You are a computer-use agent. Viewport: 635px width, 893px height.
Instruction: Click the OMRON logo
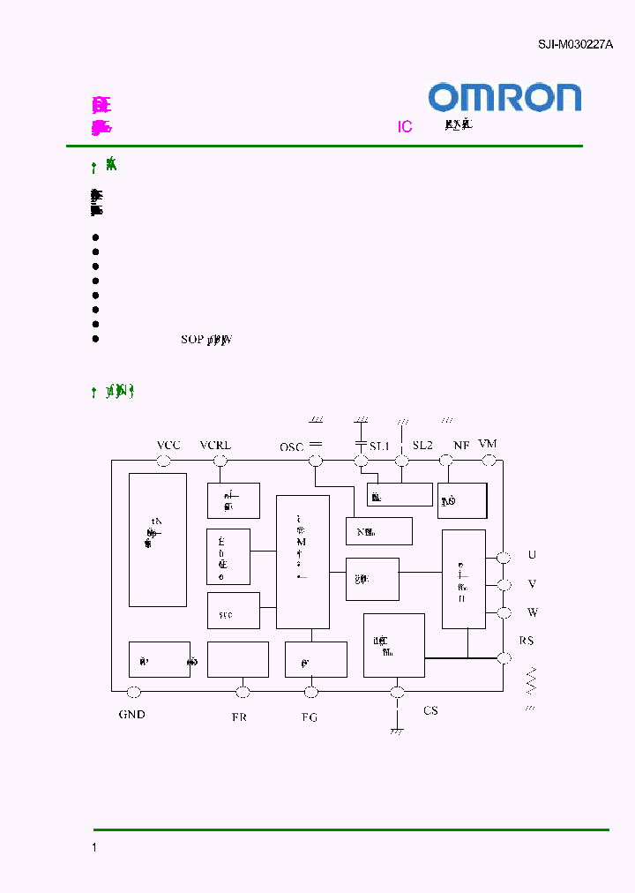[x=504, y=97]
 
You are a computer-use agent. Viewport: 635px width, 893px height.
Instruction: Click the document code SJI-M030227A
[x=575, y=44]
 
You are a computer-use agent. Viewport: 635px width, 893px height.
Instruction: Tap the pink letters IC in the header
[x=405, y=127]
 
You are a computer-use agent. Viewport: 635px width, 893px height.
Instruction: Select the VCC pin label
[x=168, y=445]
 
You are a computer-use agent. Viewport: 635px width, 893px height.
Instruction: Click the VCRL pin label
[x=216, y=445]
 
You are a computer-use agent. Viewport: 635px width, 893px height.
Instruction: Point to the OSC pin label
[x=292, y=447]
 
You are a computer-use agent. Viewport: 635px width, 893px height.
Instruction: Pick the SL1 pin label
[x=379, y=446]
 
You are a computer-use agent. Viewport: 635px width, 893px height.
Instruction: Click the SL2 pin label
[x=423, y=446]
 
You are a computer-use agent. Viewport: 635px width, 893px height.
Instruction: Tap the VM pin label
[x=487, y=442]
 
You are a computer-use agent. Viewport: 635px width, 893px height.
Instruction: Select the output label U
[x=532, y=555]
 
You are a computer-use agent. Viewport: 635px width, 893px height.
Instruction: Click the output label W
[x=532, y=612]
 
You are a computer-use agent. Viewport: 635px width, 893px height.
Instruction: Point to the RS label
[x=527, y=641]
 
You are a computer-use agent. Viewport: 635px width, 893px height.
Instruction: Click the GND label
[x=132, y=714]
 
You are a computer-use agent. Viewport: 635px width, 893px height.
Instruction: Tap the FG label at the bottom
[x=309, y=717]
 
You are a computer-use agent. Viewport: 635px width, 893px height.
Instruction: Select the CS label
[x=430, y=710]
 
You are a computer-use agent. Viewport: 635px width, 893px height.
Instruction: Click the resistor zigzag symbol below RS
[x=531, y=680]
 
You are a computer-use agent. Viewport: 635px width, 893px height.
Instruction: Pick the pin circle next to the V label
[x=504, y=585]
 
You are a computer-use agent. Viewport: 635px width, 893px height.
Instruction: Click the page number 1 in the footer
[x=94, y=847]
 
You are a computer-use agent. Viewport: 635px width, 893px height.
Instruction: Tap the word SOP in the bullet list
[x=191, y=339]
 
